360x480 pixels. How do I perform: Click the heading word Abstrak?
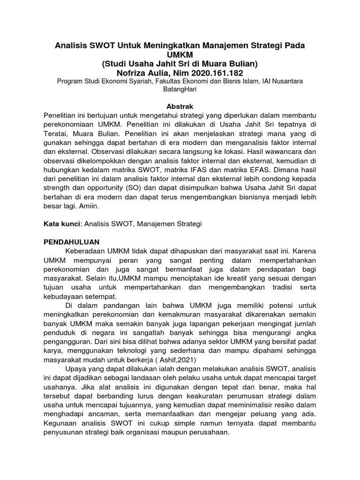tap(180, 106)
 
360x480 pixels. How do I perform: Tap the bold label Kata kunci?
tap(61, 224)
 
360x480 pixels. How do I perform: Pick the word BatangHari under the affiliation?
tap(180, 90)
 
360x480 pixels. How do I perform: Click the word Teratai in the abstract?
tap(56, 133)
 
